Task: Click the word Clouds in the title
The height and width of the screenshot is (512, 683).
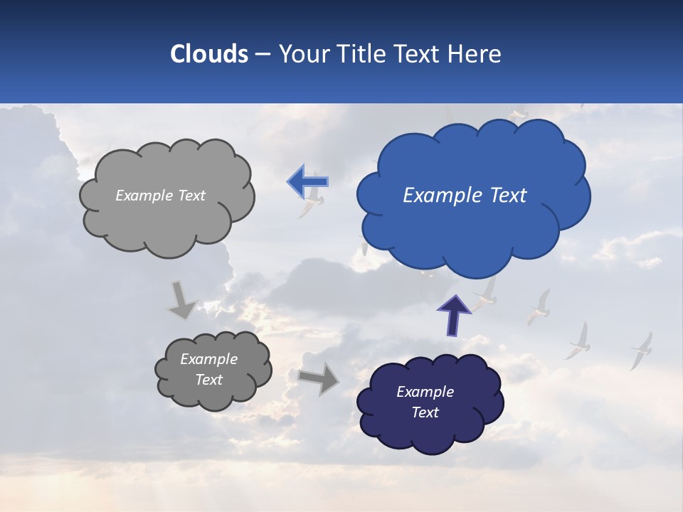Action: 208,54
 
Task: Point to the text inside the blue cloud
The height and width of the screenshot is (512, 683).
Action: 465,196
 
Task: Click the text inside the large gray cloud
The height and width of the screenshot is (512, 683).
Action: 160,196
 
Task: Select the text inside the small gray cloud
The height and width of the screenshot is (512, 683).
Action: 209,370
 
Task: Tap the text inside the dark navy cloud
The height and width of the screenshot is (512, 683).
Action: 425,402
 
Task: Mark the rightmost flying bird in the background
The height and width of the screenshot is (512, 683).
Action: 641,350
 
